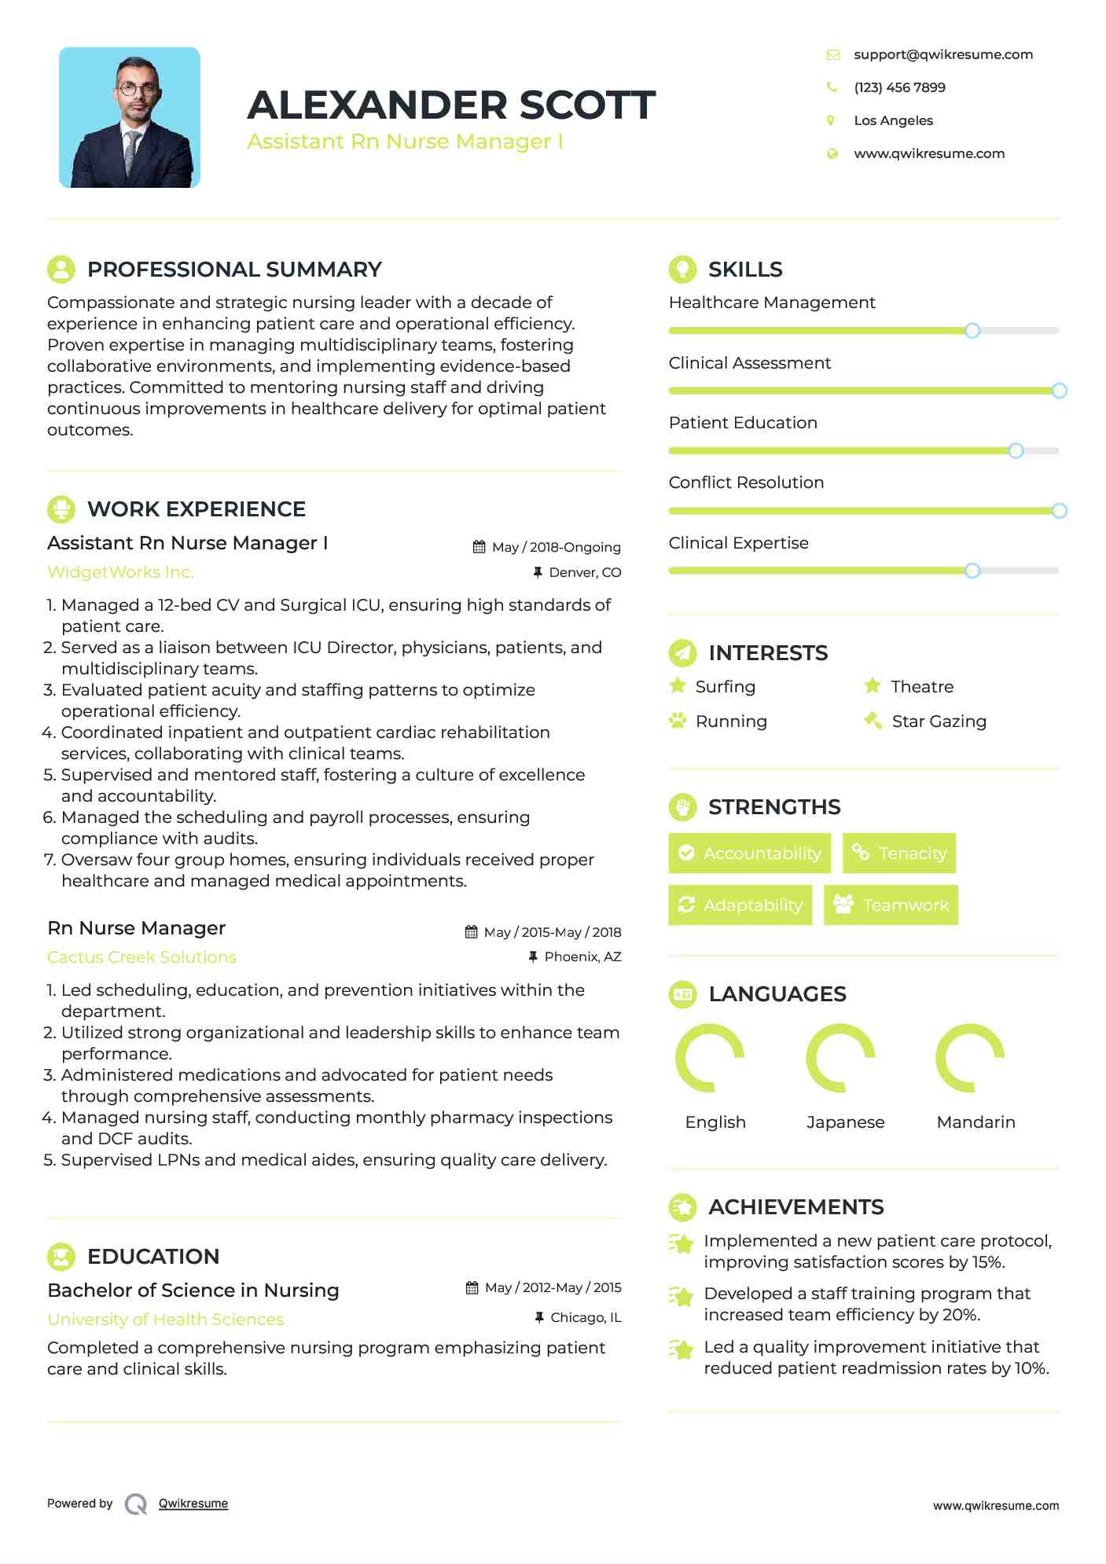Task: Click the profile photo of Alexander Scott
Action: click(130, 118)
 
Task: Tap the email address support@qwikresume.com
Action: click(942, 54)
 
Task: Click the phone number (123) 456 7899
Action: click(899, 87)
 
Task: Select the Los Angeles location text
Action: click(893, 120)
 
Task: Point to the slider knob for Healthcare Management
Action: click(972, 331)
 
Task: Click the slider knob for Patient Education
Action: click(1016, 451)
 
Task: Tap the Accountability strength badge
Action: click(749, 853)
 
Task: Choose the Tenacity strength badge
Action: click(899, 853)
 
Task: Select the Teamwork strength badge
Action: click(891, 905)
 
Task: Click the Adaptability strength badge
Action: click(740, 905)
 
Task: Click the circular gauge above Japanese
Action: click(840, 1058)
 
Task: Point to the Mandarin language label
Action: click(976, 1122)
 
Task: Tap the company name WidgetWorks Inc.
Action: click(120, 572)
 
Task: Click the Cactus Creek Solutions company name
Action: click(141, 957)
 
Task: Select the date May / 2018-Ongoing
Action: click(556, 547)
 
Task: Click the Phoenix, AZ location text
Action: click(582, 956)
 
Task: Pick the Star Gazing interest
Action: click(939, 721)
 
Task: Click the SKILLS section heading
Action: click(744, 270)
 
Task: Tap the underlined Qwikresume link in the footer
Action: click(193, 1503)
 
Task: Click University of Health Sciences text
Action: click(165, 1320)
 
